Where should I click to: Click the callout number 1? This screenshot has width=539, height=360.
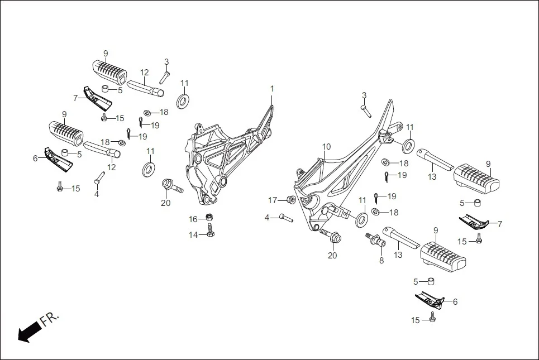(272, 89)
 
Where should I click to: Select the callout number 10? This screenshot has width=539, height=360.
(326, 147)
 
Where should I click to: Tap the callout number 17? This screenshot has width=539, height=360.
(273, 200)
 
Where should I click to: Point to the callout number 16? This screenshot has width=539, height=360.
(193, 219)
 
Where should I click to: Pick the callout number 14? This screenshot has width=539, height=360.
(193, 235)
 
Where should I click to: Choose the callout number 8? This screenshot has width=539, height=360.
(381, 260)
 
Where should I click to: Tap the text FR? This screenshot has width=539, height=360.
(49, 321)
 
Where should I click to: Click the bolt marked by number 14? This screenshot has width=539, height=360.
(210, 231)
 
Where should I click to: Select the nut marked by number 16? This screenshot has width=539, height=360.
(209, 217)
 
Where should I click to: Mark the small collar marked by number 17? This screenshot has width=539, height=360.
(290, 200)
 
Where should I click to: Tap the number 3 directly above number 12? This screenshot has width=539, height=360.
(166, 61)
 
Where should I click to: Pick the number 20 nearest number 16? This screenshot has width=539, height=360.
(166, 203)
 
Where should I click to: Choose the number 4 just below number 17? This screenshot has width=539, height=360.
(267, 217)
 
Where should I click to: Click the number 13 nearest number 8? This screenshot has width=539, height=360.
(398, 255)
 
